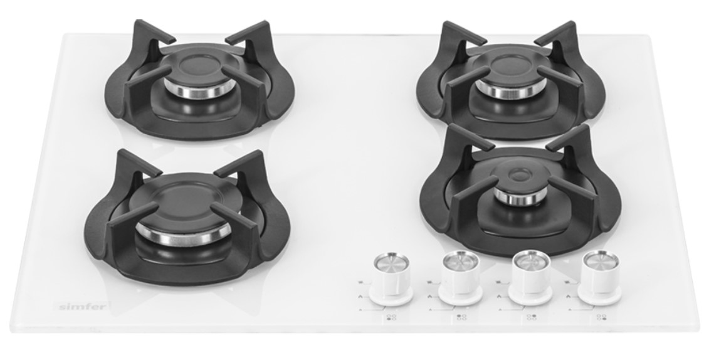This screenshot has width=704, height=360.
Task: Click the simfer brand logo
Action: pos(83,307)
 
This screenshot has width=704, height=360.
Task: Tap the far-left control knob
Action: pos(391,278)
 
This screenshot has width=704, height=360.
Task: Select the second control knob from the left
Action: pos(461,278)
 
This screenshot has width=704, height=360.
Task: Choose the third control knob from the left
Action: pos(531,277)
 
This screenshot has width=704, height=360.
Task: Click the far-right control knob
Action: pos(600,277)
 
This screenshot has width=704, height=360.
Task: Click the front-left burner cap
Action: pos(184,208)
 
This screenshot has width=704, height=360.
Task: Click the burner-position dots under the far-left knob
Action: pos(392,317)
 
